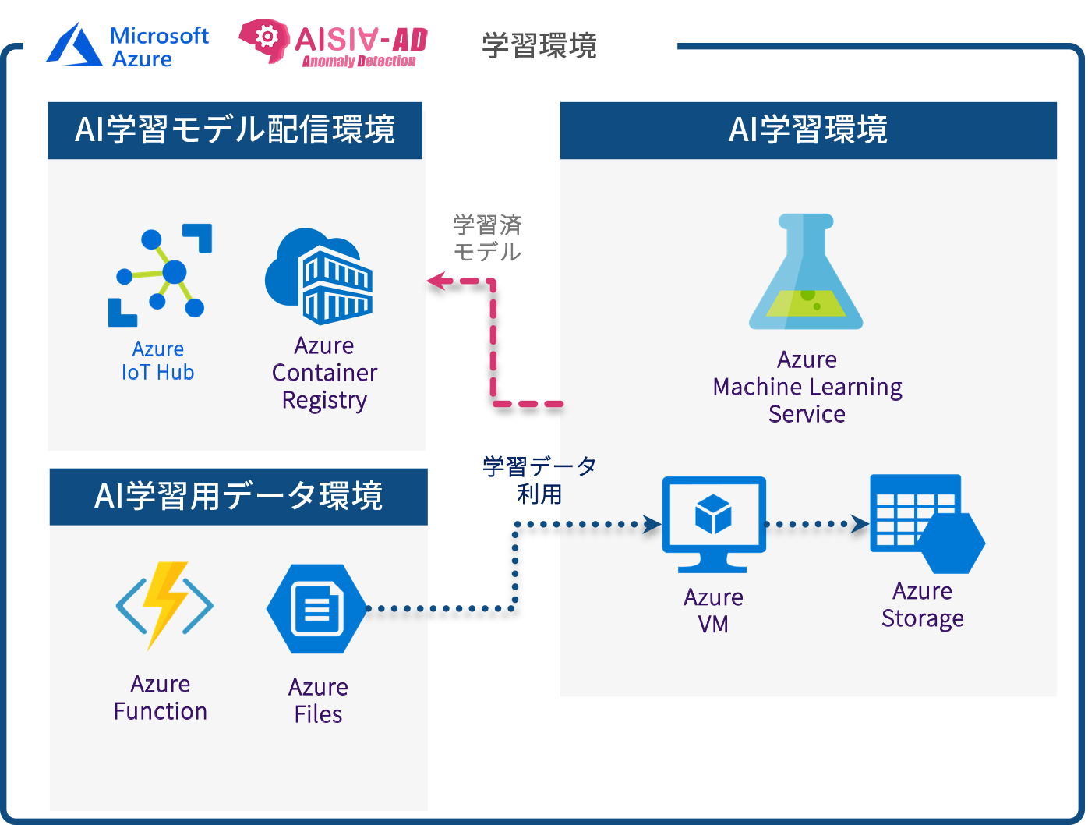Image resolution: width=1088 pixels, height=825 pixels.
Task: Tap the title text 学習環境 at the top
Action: (x=539, y=46)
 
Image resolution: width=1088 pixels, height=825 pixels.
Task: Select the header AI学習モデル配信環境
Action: (x=235, y=130)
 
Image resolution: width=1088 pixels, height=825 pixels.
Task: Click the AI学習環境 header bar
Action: (x=808, y=130)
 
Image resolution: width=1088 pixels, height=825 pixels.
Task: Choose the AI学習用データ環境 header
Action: (x=238, y=497)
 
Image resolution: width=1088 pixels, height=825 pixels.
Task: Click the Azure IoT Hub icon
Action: (x=161, y=274)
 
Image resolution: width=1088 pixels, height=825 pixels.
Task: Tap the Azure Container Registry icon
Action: (x=320, y=276)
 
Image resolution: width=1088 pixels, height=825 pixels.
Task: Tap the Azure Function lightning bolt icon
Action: (x=164, y=604)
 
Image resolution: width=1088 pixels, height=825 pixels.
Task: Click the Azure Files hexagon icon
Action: (x=316, y=609)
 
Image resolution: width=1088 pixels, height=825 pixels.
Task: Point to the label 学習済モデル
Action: (x=487, y=239)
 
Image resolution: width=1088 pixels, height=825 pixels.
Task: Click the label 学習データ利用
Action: (x=539, y=480)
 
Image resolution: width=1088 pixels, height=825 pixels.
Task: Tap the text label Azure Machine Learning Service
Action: (x=807, y=387)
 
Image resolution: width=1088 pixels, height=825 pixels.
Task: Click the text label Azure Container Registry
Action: (x=324, y=373)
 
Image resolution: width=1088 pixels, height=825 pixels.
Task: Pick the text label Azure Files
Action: (x=318, y=700)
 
